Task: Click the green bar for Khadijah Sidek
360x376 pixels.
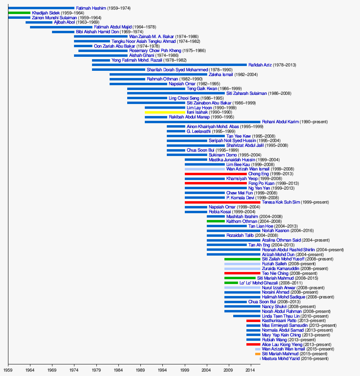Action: point(19,13)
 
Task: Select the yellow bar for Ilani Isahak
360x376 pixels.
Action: point(165,112)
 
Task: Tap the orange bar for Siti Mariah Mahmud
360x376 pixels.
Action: point(258,354)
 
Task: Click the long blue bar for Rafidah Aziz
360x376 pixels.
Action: point(169,65)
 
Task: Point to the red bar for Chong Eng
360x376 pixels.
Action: point(216,174)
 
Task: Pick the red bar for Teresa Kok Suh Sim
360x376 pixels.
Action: point(222,202)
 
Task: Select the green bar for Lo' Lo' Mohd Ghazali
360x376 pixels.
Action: point(231,283)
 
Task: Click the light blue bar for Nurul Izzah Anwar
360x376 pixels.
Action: point(242,288)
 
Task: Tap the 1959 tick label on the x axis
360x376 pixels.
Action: point(8,370)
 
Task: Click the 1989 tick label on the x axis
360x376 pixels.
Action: point(140,370)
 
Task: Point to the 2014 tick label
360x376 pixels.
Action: point(250,370)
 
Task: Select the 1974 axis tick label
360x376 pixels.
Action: point(74,370)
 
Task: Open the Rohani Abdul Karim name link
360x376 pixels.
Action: point(280,122)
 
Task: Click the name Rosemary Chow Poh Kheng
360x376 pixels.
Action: point(155,51)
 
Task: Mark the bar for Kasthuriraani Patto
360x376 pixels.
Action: point(253,321)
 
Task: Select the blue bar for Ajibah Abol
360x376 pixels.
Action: point(39,22)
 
